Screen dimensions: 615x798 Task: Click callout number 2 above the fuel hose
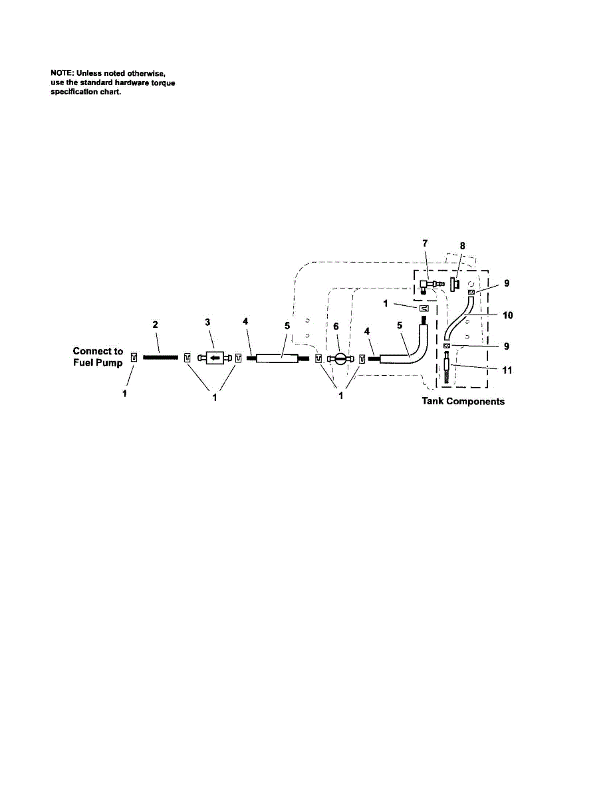pos(154,324)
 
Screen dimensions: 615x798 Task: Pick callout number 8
pos(463,245)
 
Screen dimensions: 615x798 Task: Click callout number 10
pos(508,315)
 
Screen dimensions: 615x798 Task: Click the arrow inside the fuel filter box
pos(215,358)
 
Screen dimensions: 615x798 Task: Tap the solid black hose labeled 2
pos(160,357)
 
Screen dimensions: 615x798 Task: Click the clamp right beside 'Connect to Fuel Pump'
pos(134,358)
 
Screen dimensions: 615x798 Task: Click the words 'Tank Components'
pos(463,402)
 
